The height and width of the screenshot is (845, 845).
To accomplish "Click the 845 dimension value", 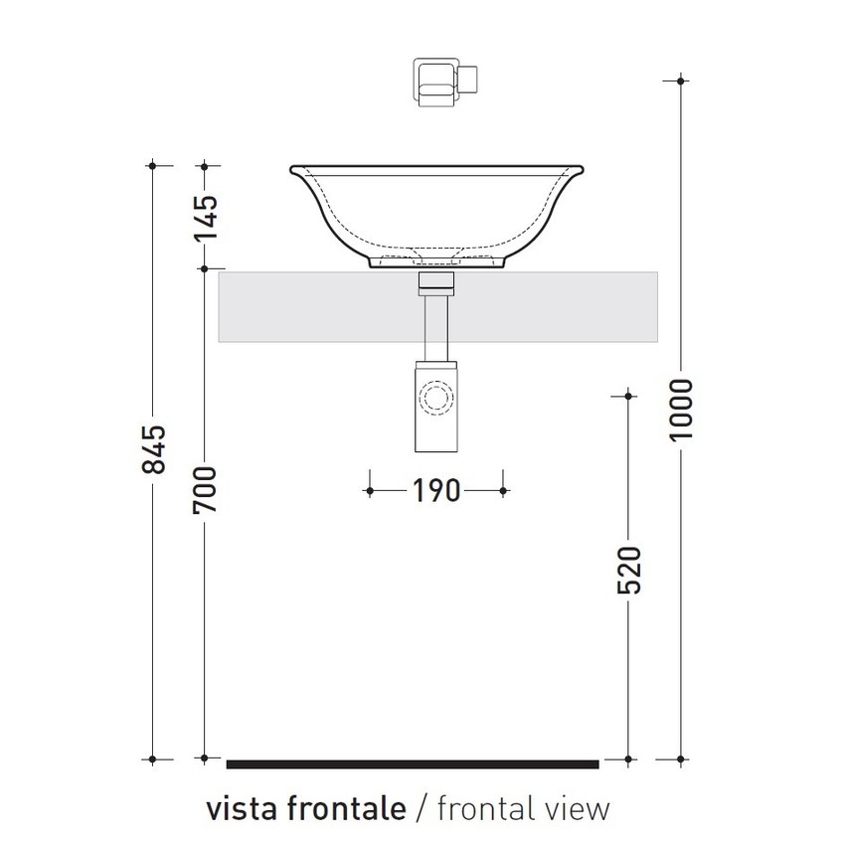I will point(154,449).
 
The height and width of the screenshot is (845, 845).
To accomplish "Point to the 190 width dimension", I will point(435,490).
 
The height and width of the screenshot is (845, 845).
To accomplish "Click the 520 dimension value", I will point(629,570).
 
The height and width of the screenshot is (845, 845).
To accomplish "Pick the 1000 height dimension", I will point(681,412).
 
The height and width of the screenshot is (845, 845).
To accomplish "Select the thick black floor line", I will point(413,763).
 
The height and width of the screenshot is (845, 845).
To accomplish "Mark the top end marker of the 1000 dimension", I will point(681,80).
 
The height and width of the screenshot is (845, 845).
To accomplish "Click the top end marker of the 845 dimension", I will point(153,164).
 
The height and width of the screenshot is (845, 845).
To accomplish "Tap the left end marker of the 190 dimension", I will point(370,490).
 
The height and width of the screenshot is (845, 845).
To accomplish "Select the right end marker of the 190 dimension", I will point(503,490).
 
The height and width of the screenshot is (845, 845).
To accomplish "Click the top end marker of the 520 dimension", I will point(628,396).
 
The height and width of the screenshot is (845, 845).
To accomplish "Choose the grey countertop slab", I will point(298,306).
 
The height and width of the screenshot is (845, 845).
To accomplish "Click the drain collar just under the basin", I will point(435,282).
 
